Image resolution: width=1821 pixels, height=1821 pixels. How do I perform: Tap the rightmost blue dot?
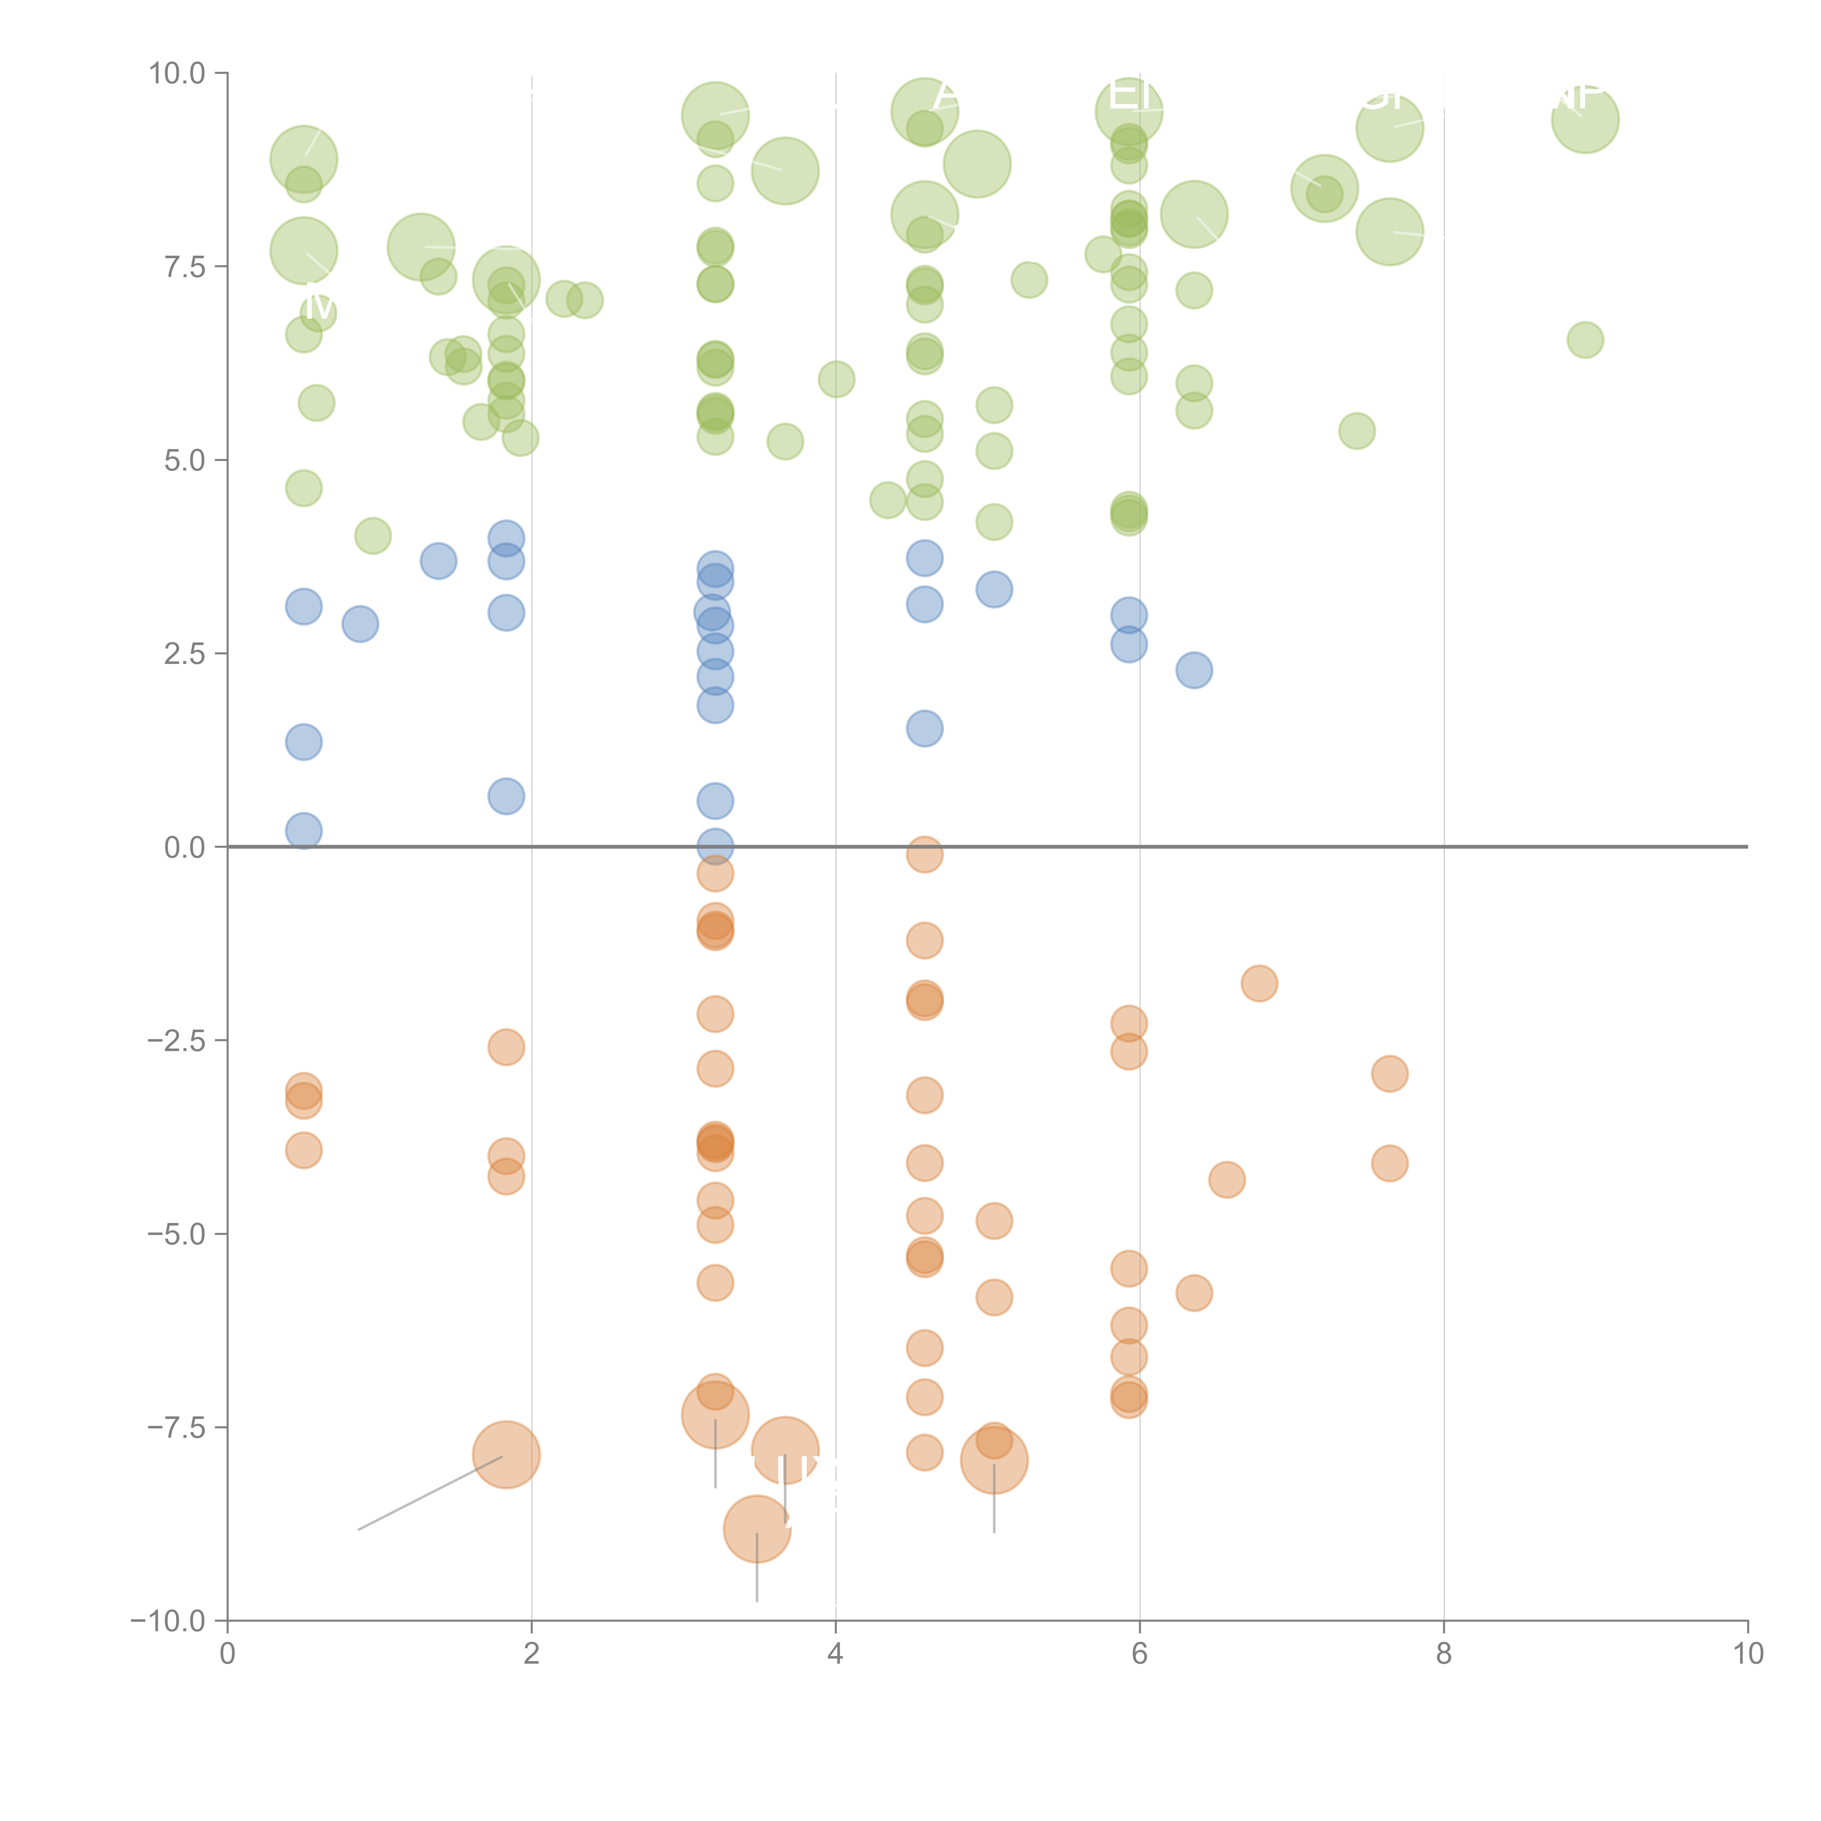click(x=1193, y=670)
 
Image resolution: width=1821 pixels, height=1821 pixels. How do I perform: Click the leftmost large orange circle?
click(x=506, y=1454)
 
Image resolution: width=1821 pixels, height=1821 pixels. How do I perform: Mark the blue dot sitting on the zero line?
click(x=715, y=846)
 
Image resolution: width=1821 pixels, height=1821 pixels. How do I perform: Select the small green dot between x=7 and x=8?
click(x=1356, y=431)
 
